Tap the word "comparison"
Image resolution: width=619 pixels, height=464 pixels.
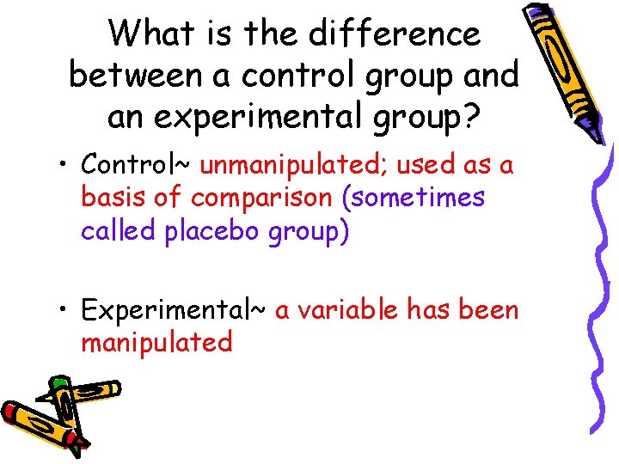[262, 198]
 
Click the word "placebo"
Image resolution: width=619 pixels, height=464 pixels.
[217, 232]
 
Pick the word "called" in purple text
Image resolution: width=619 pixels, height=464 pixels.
[119, 232]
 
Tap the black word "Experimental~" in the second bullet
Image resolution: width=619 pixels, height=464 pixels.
[173, 309]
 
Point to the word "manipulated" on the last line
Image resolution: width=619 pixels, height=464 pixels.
[156, 343]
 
